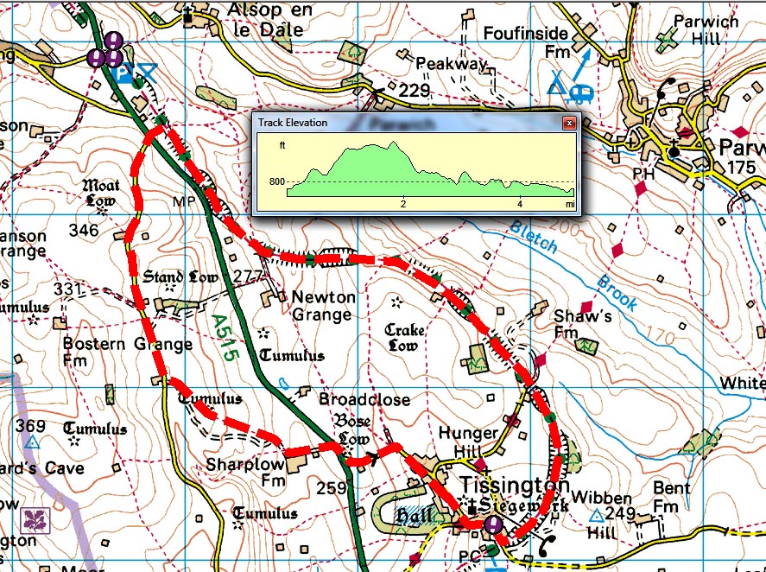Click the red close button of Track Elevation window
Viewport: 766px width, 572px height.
pos(569,123)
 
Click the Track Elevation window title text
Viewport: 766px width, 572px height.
pos(293,123)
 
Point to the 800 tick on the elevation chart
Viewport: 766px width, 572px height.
pos(276,182)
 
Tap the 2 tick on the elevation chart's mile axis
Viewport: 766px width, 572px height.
pos(403,204)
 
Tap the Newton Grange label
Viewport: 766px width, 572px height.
pos(322,305)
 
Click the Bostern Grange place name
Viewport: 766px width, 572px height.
pos(128,345)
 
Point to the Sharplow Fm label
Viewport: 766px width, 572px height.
pos(246,471)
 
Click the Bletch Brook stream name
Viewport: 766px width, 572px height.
pos(574,265)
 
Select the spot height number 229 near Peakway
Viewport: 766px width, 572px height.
pos(415,92)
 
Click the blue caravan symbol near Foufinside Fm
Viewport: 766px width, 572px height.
pos(579,91)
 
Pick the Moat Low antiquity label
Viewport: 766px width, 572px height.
pos(101,193)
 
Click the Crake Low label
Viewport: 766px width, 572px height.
pos(403,338)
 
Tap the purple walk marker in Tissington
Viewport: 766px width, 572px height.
pos(493,524)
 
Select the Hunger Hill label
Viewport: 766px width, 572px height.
pos(468,442)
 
